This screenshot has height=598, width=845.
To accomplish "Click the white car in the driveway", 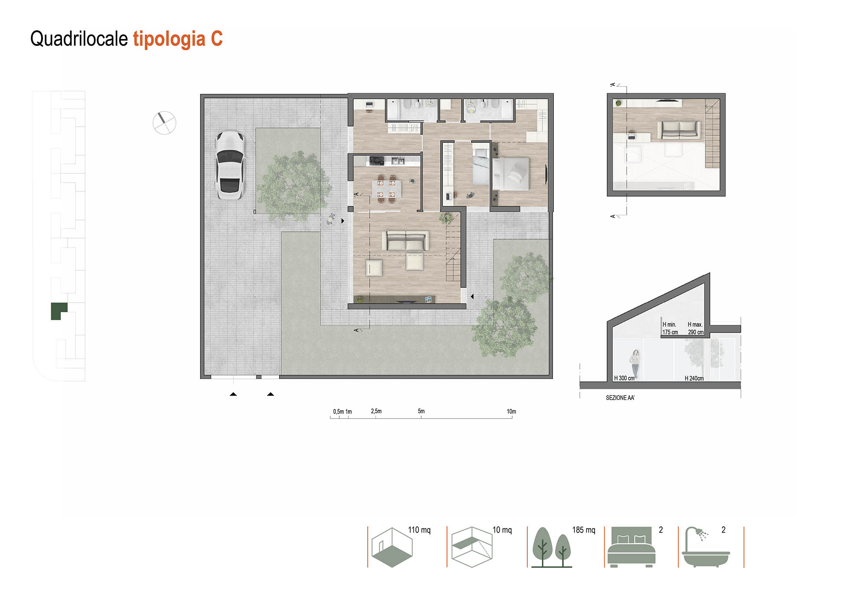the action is [230, 165].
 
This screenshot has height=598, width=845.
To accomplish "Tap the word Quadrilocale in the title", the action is [79, 39].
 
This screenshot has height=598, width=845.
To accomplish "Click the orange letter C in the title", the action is [217, 39].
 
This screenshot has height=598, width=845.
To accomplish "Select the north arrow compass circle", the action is [165, 123].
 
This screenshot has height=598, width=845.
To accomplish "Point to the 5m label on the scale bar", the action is [421, 411].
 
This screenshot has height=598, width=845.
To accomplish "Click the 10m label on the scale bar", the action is [511, 412].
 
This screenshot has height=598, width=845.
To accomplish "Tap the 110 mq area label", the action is [419, 530].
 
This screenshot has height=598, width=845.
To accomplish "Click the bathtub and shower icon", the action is [705, 547].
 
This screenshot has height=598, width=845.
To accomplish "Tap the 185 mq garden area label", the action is [584, 530].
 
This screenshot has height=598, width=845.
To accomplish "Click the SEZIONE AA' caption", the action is [620, 398].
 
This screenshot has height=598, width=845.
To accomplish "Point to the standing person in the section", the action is [635, 364].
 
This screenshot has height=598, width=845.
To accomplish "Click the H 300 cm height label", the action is [624, 378].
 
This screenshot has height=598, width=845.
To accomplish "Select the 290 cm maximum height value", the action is [695, 332].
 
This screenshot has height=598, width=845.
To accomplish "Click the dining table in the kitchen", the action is [387, 189].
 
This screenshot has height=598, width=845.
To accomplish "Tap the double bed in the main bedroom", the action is [510, 173].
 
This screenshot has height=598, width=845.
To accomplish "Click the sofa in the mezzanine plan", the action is [679, 130].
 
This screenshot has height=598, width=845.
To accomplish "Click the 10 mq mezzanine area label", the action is [502, 530].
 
